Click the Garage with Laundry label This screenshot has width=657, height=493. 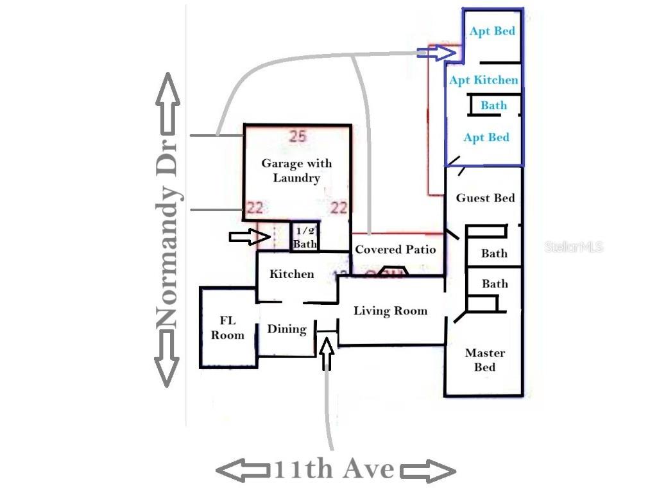296,170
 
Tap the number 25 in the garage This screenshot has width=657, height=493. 298,136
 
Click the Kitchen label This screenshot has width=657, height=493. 292,273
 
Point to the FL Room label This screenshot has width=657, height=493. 228,328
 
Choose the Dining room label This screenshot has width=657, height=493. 287,329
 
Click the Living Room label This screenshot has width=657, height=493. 391,311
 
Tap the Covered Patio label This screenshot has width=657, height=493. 395,250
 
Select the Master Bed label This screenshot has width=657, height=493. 485,359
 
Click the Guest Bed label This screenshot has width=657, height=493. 485,198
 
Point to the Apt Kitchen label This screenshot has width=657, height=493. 484,80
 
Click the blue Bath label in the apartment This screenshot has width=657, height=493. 493,105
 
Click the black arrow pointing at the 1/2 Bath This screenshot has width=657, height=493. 250,237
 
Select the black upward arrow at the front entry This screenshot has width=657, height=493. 327,354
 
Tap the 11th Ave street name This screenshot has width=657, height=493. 334,469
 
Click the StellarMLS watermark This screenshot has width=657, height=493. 574,247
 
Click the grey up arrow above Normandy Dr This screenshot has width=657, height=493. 168,103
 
